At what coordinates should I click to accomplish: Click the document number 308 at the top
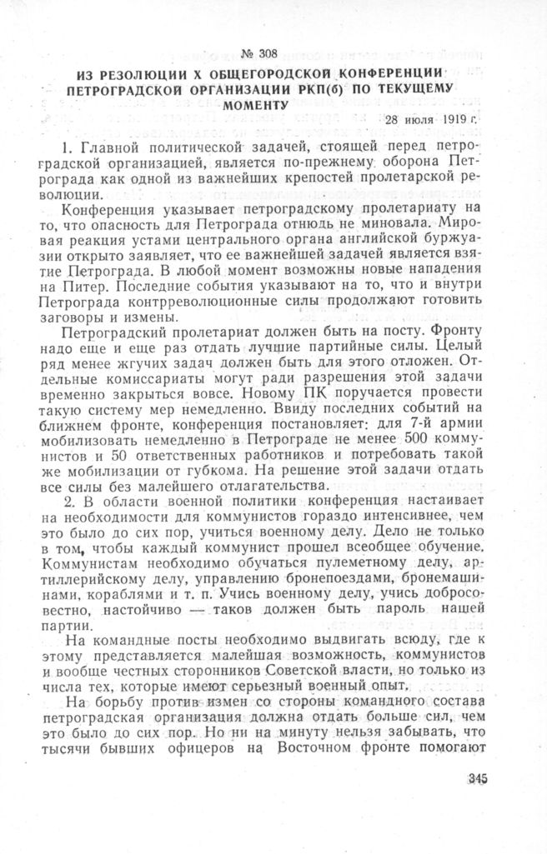click(267, 54)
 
